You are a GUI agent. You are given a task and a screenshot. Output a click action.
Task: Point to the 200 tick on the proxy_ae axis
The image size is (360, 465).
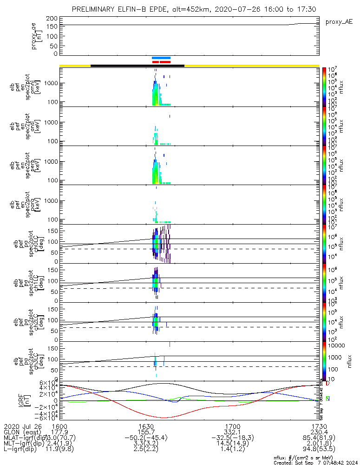[52, 18]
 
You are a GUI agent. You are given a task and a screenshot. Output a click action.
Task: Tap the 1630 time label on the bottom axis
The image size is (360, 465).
[145, 425]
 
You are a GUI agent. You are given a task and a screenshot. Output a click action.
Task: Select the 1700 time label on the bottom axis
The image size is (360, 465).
[232, 425]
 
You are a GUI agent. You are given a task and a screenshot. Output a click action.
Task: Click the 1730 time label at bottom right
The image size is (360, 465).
[319, 425]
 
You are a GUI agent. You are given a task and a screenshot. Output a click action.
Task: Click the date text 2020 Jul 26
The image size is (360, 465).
[23, 425]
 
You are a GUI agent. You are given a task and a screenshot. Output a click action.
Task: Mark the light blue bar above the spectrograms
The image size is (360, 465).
[161, 58]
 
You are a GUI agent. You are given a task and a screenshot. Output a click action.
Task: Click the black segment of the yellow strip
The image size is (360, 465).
[137, 66]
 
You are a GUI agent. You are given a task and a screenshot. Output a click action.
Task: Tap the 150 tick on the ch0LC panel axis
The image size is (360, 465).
[52, 230]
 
